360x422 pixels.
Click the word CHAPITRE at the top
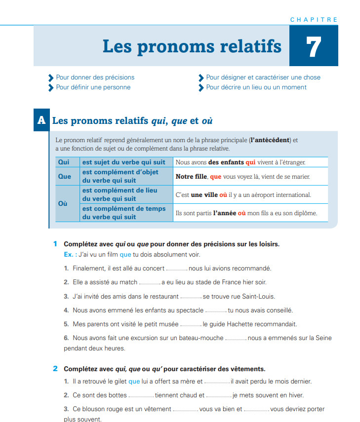point(314,20)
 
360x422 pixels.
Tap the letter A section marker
point(41,120)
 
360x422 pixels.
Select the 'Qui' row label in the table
point(64,162)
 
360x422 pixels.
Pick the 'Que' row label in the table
point(65,176)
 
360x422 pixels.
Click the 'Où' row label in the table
point(63,204)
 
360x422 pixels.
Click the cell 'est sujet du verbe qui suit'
point(124,162)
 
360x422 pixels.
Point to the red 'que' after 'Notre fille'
point(216,176)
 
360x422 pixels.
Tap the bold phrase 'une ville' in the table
point(204,195)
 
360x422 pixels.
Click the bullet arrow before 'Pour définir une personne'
point(50,88)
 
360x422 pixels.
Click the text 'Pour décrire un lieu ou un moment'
point(256,87)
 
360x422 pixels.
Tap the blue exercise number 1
point(55,244)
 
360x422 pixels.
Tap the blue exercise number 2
point(55,369)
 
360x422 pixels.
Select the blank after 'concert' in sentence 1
point(177,269)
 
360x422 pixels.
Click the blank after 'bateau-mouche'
point(236,338)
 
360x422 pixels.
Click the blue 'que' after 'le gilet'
point(134,382)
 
